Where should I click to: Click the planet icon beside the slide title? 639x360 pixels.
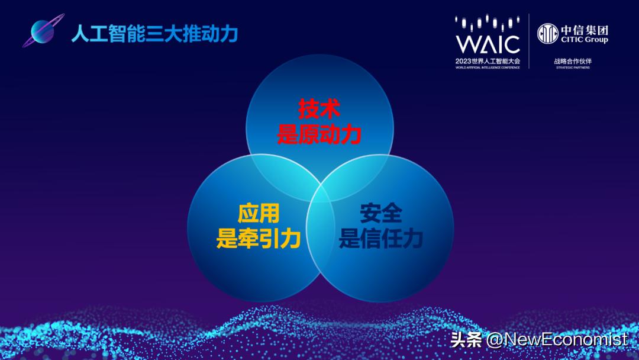click(x=41, y=33)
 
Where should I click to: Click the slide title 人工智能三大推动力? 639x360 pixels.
click(x=154, y=34)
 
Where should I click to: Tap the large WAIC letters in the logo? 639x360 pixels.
click(x=488, y=44)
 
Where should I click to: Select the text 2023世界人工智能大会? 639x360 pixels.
click(x=488, y=61)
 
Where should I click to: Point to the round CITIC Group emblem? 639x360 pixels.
click(x=547, y=33)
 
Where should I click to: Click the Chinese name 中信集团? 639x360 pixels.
click(x=584, y=30)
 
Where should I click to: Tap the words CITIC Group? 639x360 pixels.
click(x=584, y=40)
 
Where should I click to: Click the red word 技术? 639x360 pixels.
click(x=319, y=110)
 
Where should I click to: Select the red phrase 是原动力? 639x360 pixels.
click(x=319, y=135)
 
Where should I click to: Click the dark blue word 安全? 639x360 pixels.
click(x=380, y=214)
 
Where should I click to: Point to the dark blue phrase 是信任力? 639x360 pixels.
click(x=380, y=239)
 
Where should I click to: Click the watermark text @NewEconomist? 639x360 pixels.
click(x=557, y=339)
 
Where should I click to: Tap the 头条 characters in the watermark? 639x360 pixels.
click(x=466, y=339)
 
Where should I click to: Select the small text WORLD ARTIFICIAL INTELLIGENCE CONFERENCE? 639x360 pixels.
click(x=488, y=67)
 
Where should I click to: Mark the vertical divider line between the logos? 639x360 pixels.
click(x=529, y=41)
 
